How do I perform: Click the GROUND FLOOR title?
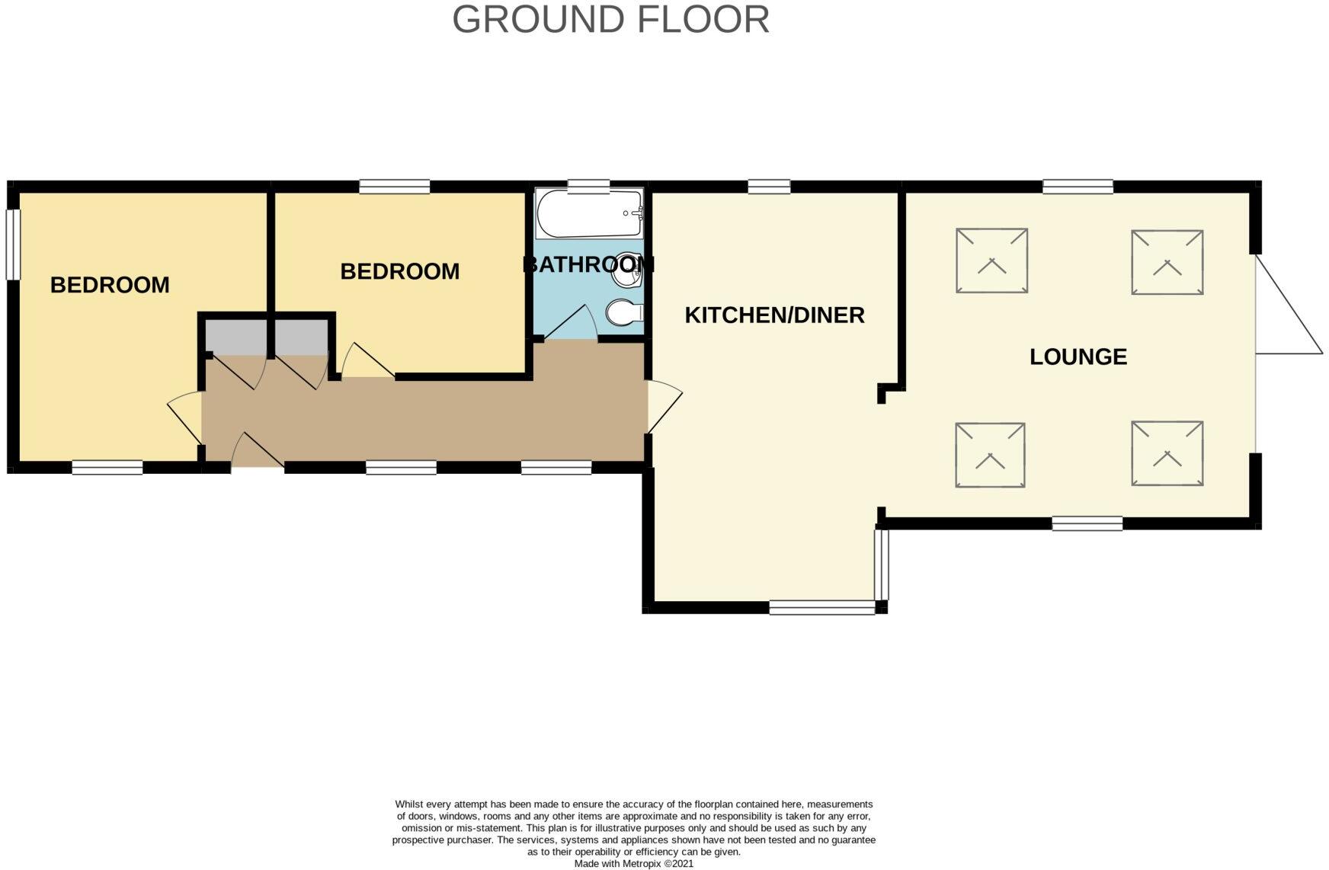(610, 20)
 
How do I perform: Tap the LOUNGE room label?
(1078, 357)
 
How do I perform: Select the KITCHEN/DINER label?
(774, 315)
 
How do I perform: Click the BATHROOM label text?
(588, 264)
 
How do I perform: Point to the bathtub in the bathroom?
(589, 214)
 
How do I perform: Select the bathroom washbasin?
(628, 270)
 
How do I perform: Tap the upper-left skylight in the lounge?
(991, 261)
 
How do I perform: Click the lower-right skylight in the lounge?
(1167, 453)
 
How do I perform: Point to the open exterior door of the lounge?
(1289, 309)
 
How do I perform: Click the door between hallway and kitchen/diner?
(664, 407)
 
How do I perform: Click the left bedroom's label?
(110, 285)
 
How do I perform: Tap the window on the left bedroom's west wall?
(13, 244)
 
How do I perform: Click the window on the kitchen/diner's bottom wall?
(822, 607)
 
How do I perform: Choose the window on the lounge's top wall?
(1078, 187)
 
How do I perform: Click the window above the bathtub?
(588, 184)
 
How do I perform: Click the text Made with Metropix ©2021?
(633, 864)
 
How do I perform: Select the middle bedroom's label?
(399, 271)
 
